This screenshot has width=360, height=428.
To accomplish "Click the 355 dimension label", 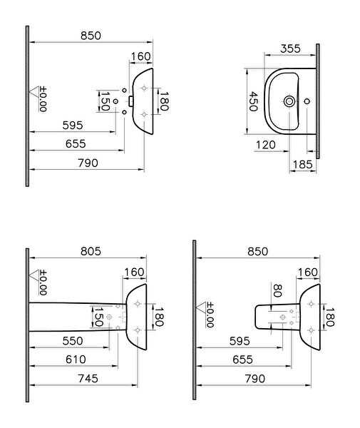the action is click(290, 49).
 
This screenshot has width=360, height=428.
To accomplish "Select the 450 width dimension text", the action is click(253, 101).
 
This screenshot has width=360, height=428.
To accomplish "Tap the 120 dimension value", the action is click(266, 145).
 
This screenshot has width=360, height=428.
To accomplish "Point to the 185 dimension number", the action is click(302, 165).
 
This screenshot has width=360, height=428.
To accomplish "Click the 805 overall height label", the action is click(91, 251).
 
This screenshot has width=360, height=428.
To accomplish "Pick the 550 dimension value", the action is click(73, 341).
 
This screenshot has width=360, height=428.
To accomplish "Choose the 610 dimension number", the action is click(76, 360).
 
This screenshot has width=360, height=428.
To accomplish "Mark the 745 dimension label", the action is click(88, 379).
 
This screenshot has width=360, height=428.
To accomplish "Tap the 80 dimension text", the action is click(277, 290).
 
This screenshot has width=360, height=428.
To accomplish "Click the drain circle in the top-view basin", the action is click(289, 101).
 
